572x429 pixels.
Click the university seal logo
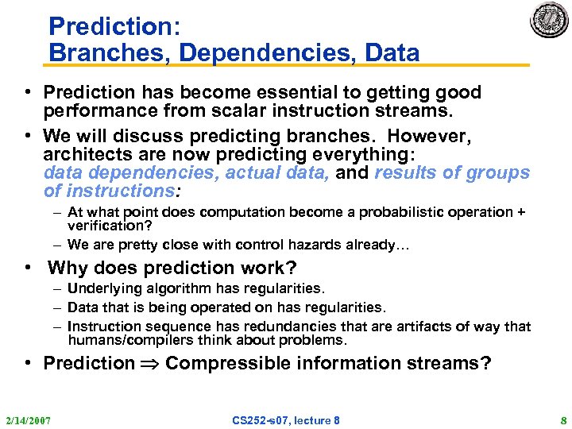(549, 20)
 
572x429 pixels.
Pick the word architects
(85, 155)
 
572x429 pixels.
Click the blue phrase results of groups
(452, 173)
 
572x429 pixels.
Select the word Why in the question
(69, 269)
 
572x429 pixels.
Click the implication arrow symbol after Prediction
(150, 364)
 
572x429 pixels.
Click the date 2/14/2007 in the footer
(27, 419)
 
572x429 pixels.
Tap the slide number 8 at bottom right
(562, 419)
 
